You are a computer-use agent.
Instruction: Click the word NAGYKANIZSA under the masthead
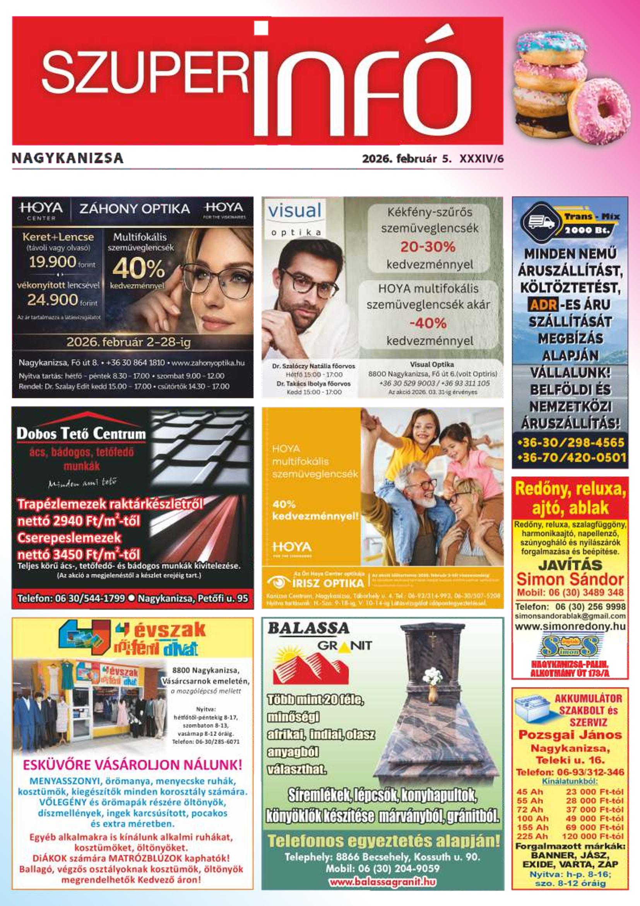coord(68,158)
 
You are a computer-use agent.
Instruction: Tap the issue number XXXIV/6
coord(481,159)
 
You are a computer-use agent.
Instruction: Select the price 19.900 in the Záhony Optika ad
coord(53,262)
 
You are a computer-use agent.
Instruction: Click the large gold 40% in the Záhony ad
coord(139,269)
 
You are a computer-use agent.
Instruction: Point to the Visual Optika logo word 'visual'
coord(294,210)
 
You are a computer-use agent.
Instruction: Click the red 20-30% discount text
coord(428,247)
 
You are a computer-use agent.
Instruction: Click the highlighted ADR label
coord(543,304)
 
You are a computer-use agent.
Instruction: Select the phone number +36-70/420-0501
coord(572,458)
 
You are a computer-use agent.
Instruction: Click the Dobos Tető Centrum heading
coord(81,434)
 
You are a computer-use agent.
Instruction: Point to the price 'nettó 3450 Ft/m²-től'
coord(79,554)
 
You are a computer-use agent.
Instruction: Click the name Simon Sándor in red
coord(570,580)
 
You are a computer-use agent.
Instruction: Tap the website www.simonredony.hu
coord(570,626)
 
